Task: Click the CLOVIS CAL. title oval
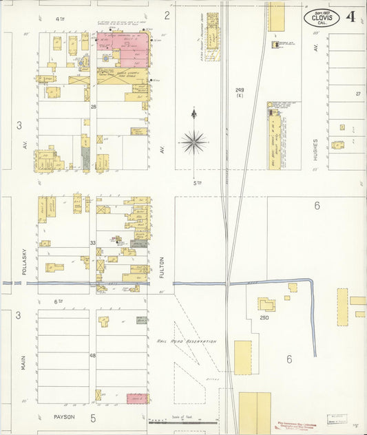pyautogui.click(x=322, y=18)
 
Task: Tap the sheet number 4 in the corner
pyautogui.click(x=351, y=17)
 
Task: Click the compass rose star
pyautogui.click(x=194, y=142)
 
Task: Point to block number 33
pyautogui.click(x=92, y=243)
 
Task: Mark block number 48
pyautogui.click(x=92, y=355)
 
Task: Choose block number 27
pyautogui.click(x=357, y=94)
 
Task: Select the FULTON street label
pyautogui.click(x=162, y=267)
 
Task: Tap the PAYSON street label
pyautogui.click(x=64, y=416)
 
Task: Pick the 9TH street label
pyautogui.click(x=60, y=19)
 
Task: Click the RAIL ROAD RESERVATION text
pyautogui.click(x=186, y=341)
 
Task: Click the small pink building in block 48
pyautogui.click(x=136, y=398)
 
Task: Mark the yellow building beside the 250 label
pyautogui.click(x=266, y=304)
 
